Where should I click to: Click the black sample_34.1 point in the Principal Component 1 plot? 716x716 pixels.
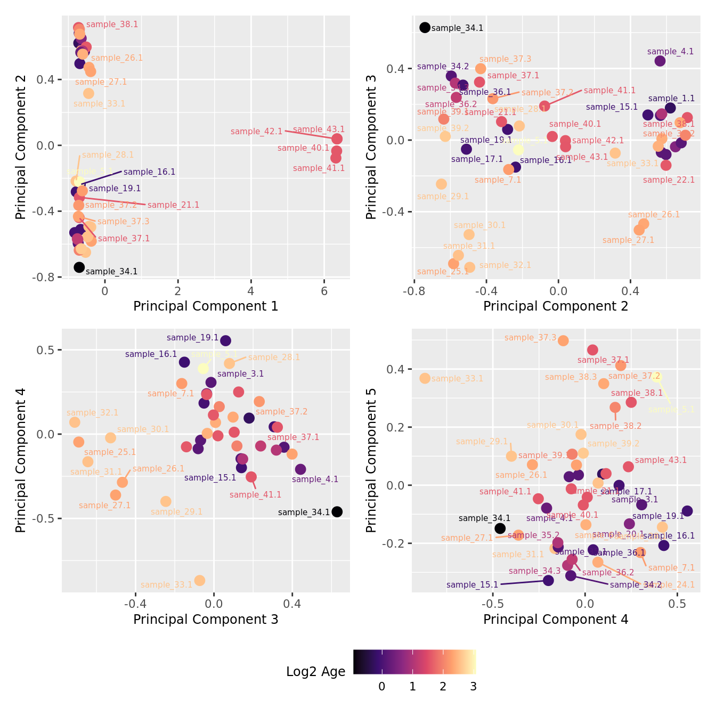[x=79, y=267]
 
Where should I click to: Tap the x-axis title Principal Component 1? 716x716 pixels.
[x=206, y=306]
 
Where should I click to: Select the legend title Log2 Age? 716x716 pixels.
[x=315, y=672]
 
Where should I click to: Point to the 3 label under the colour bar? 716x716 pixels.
[x=473, y=687]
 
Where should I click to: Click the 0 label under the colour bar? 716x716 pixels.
[x=381, y=687]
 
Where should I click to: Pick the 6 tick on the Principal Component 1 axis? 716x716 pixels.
[x=324, y=291]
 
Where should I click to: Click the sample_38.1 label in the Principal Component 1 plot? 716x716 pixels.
[x=112, y=25]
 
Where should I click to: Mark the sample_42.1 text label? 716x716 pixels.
[x=256, y=132]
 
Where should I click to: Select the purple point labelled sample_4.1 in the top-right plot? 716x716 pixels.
[x=660, y=61]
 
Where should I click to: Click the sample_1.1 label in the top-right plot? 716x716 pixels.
[x=671, y=99]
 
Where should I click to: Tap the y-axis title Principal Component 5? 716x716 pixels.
[x=371, y=460]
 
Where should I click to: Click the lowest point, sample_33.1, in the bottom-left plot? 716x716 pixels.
[x=200, y=581]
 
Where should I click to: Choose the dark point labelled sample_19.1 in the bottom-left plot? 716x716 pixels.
[x=226, y=341]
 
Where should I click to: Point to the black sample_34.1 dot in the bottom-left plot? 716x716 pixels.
[x=337, y=512]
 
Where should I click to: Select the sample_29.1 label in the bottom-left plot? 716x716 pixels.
[x=176, y=512]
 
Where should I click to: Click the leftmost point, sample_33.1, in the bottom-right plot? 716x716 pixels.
[x=425, y=378]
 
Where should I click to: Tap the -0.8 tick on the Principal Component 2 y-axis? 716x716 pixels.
[x=46, y=278]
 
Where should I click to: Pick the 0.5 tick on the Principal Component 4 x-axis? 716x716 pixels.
[x=677, y=604]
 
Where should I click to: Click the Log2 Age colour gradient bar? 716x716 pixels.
[x=414, y=662]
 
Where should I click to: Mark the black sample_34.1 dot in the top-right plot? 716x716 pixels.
[x=425, y=28]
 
